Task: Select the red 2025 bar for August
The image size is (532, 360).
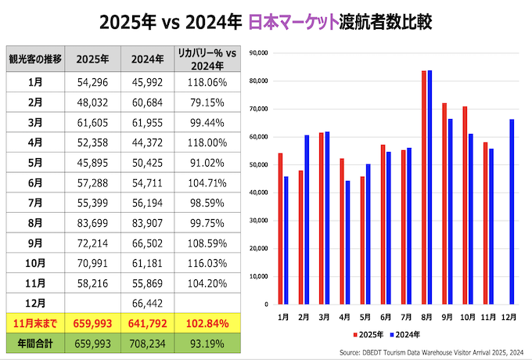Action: click(x=423, y=187)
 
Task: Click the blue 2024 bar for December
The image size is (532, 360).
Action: click(x=511, y=211)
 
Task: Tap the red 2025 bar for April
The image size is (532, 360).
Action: click(x=341, y=231)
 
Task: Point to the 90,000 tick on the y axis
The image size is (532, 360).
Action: click(x=257, y=52)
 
